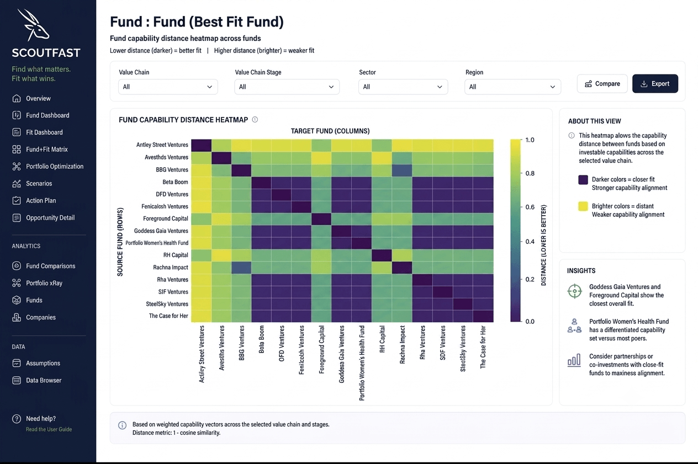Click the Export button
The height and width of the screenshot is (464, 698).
[x=655, y=83]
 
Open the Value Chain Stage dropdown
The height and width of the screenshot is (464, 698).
[x=287, y=87]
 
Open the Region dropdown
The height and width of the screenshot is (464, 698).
[x=512, y=87]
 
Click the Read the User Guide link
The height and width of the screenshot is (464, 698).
[x=49, y=429]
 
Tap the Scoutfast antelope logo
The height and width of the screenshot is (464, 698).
[x=33, y=25]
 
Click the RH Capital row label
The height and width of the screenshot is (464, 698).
[x=176, y=255]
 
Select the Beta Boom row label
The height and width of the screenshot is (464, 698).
[x=175, y=182]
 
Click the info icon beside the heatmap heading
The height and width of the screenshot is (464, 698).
[x=255, y=120]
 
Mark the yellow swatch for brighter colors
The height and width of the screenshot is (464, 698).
[x=583, y=206]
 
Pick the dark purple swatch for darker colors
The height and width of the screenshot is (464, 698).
[x=583, y=180]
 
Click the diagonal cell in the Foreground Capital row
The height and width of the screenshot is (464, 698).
[x=321, y=218]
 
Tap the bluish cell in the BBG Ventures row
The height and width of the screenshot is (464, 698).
[x=402, y=170]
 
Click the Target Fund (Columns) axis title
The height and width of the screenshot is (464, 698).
[x=330, y=131]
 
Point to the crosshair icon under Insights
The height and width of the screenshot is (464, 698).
[x=575, y=291]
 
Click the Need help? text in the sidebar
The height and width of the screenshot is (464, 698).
[x=41, y=419]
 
